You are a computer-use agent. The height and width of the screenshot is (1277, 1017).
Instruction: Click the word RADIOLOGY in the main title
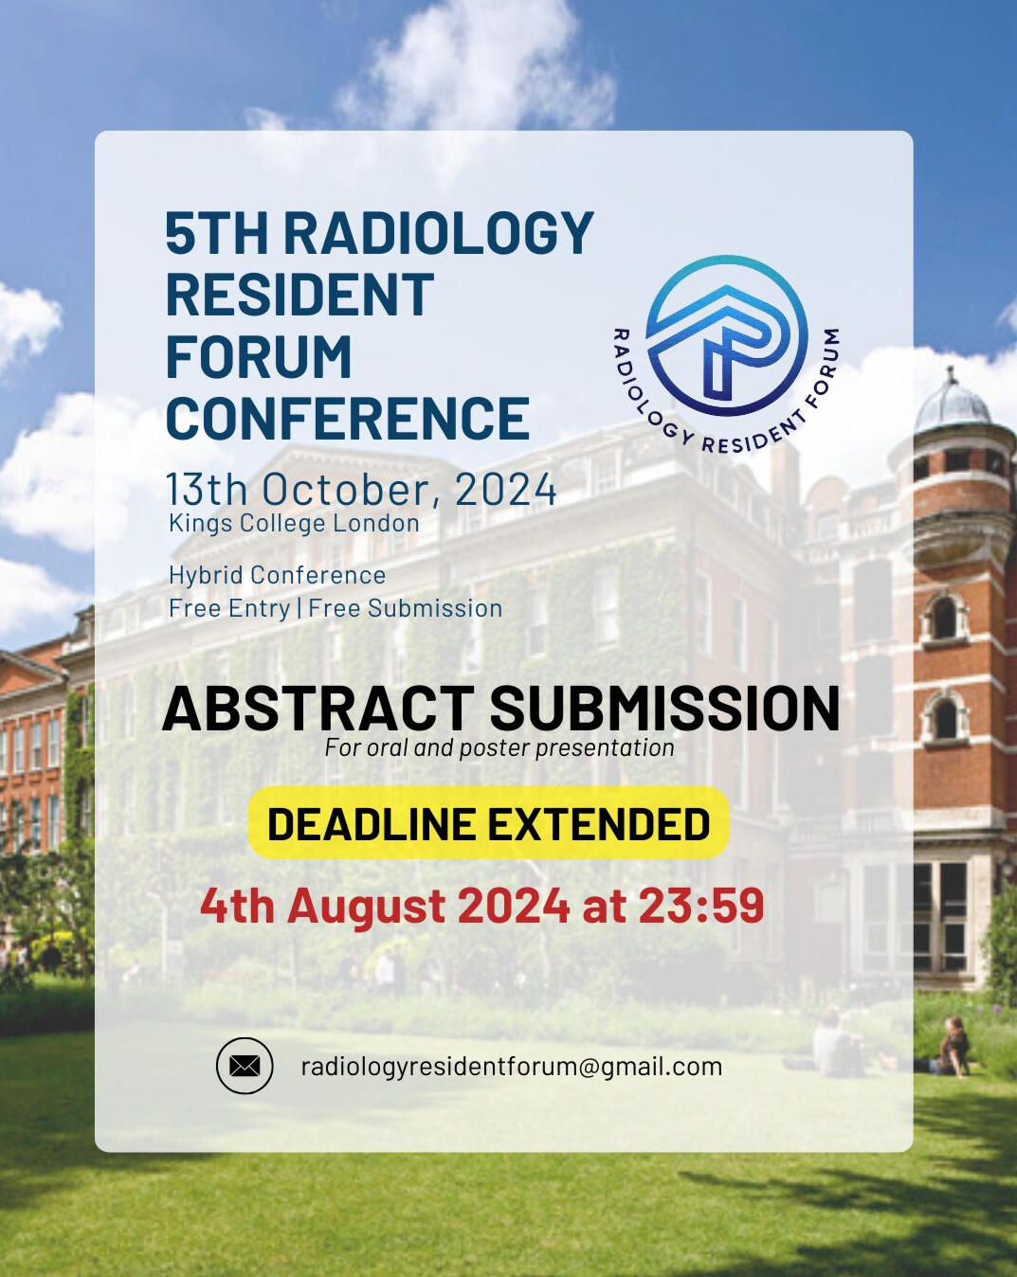coord(439,232)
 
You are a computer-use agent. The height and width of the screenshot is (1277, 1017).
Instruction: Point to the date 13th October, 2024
coord(361,489)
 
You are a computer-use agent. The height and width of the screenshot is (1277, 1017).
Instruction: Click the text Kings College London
coord(295,523)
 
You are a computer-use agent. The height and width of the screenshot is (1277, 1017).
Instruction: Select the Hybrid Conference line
coord(278,575)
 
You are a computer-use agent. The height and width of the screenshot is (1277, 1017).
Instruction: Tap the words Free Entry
coord(229,608)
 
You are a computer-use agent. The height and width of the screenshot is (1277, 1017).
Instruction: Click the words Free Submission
coord(406,608)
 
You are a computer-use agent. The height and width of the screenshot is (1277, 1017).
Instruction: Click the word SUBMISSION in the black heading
coord(665,708)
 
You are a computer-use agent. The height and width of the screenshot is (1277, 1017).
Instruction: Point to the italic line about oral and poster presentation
coord(499,748)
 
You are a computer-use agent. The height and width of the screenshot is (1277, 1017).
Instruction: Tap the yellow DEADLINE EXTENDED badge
coord(488,823)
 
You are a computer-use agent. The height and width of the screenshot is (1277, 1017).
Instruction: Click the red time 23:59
coord(701,907)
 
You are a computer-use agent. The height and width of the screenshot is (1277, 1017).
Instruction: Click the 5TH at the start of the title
coord(217,232)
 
